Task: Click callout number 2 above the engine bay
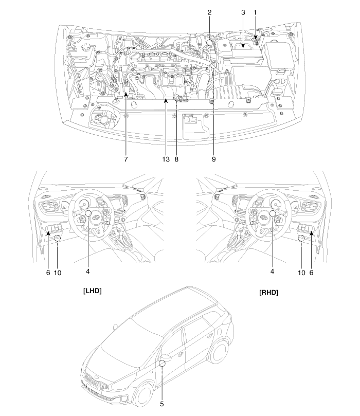click(x=210, y=12)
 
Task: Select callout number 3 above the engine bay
click(x=243, y=12)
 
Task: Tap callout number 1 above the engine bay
click(x=255, y=12)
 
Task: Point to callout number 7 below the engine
click(x=126, y=159)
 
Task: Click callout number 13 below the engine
click(x=166, y=159)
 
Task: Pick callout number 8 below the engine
click(x=176, y=159)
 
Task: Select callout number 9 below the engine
click(x=214, y=159)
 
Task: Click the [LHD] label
click(x=93, y=291)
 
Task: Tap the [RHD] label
click(x=269, y=293)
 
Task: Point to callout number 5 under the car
click(x=162, y=404)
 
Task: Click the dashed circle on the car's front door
click(x=162, y=363)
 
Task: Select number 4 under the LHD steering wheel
click(x=87, y=271)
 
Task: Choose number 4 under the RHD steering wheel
click(x=272, y=271)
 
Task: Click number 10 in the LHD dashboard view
click(x=58, y=273)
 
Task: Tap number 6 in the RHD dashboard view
click(x=311, y=273)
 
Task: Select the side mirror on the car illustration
click(x=166, y=358)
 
